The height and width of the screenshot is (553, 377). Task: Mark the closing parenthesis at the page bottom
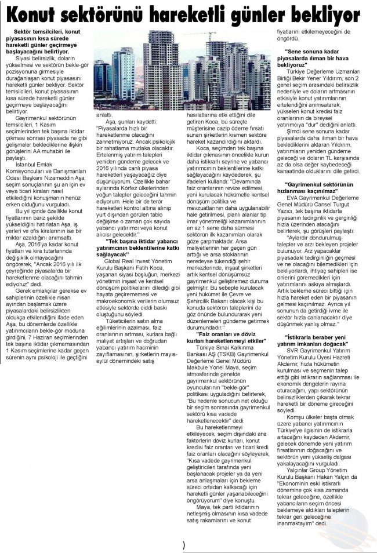[184, 545]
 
